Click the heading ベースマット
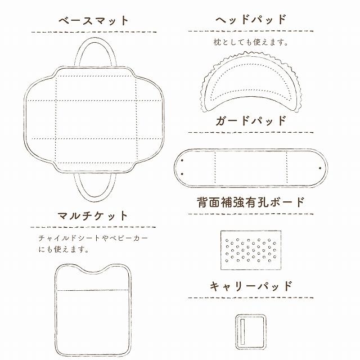tap(94, 21)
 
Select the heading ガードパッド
tap(251, 120)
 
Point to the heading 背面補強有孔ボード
tap(251, 201)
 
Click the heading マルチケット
tap(93, 216)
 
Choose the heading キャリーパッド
tap(251, 286)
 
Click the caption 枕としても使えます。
tap(251, 42)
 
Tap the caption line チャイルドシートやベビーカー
tap(93, 238)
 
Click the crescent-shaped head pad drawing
tap(251, 93)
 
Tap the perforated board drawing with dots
tap(251, 248)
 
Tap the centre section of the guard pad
tap(251, 167)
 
